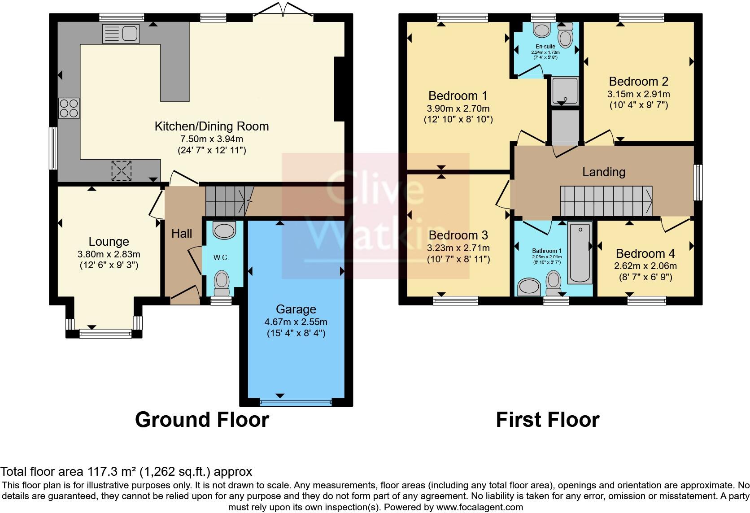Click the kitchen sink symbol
coord(121,34)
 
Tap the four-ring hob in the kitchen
coord(69,108)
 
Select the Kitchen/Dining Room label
coord(212,126)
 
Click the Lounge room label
coord(109,242)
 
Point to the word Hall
coord(182,233)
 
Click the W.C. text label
coord(221,257)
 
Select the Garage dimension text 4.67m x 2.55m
coord(296,322)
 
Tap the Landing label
coord(604,172)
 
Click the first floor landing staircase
coord(606,201)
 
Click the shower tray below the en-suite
coord(565,90)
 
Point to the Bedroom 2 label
coord(638,81)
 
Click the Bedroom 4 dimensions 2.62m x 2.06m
coord(645,266)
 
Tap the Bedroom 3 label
coord(458,235)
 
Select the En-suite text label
coord(545,47)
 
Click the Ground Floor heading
coord(202,420)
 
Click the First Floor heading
coord(547,420)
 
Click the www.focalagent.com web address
coord(479,507)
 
